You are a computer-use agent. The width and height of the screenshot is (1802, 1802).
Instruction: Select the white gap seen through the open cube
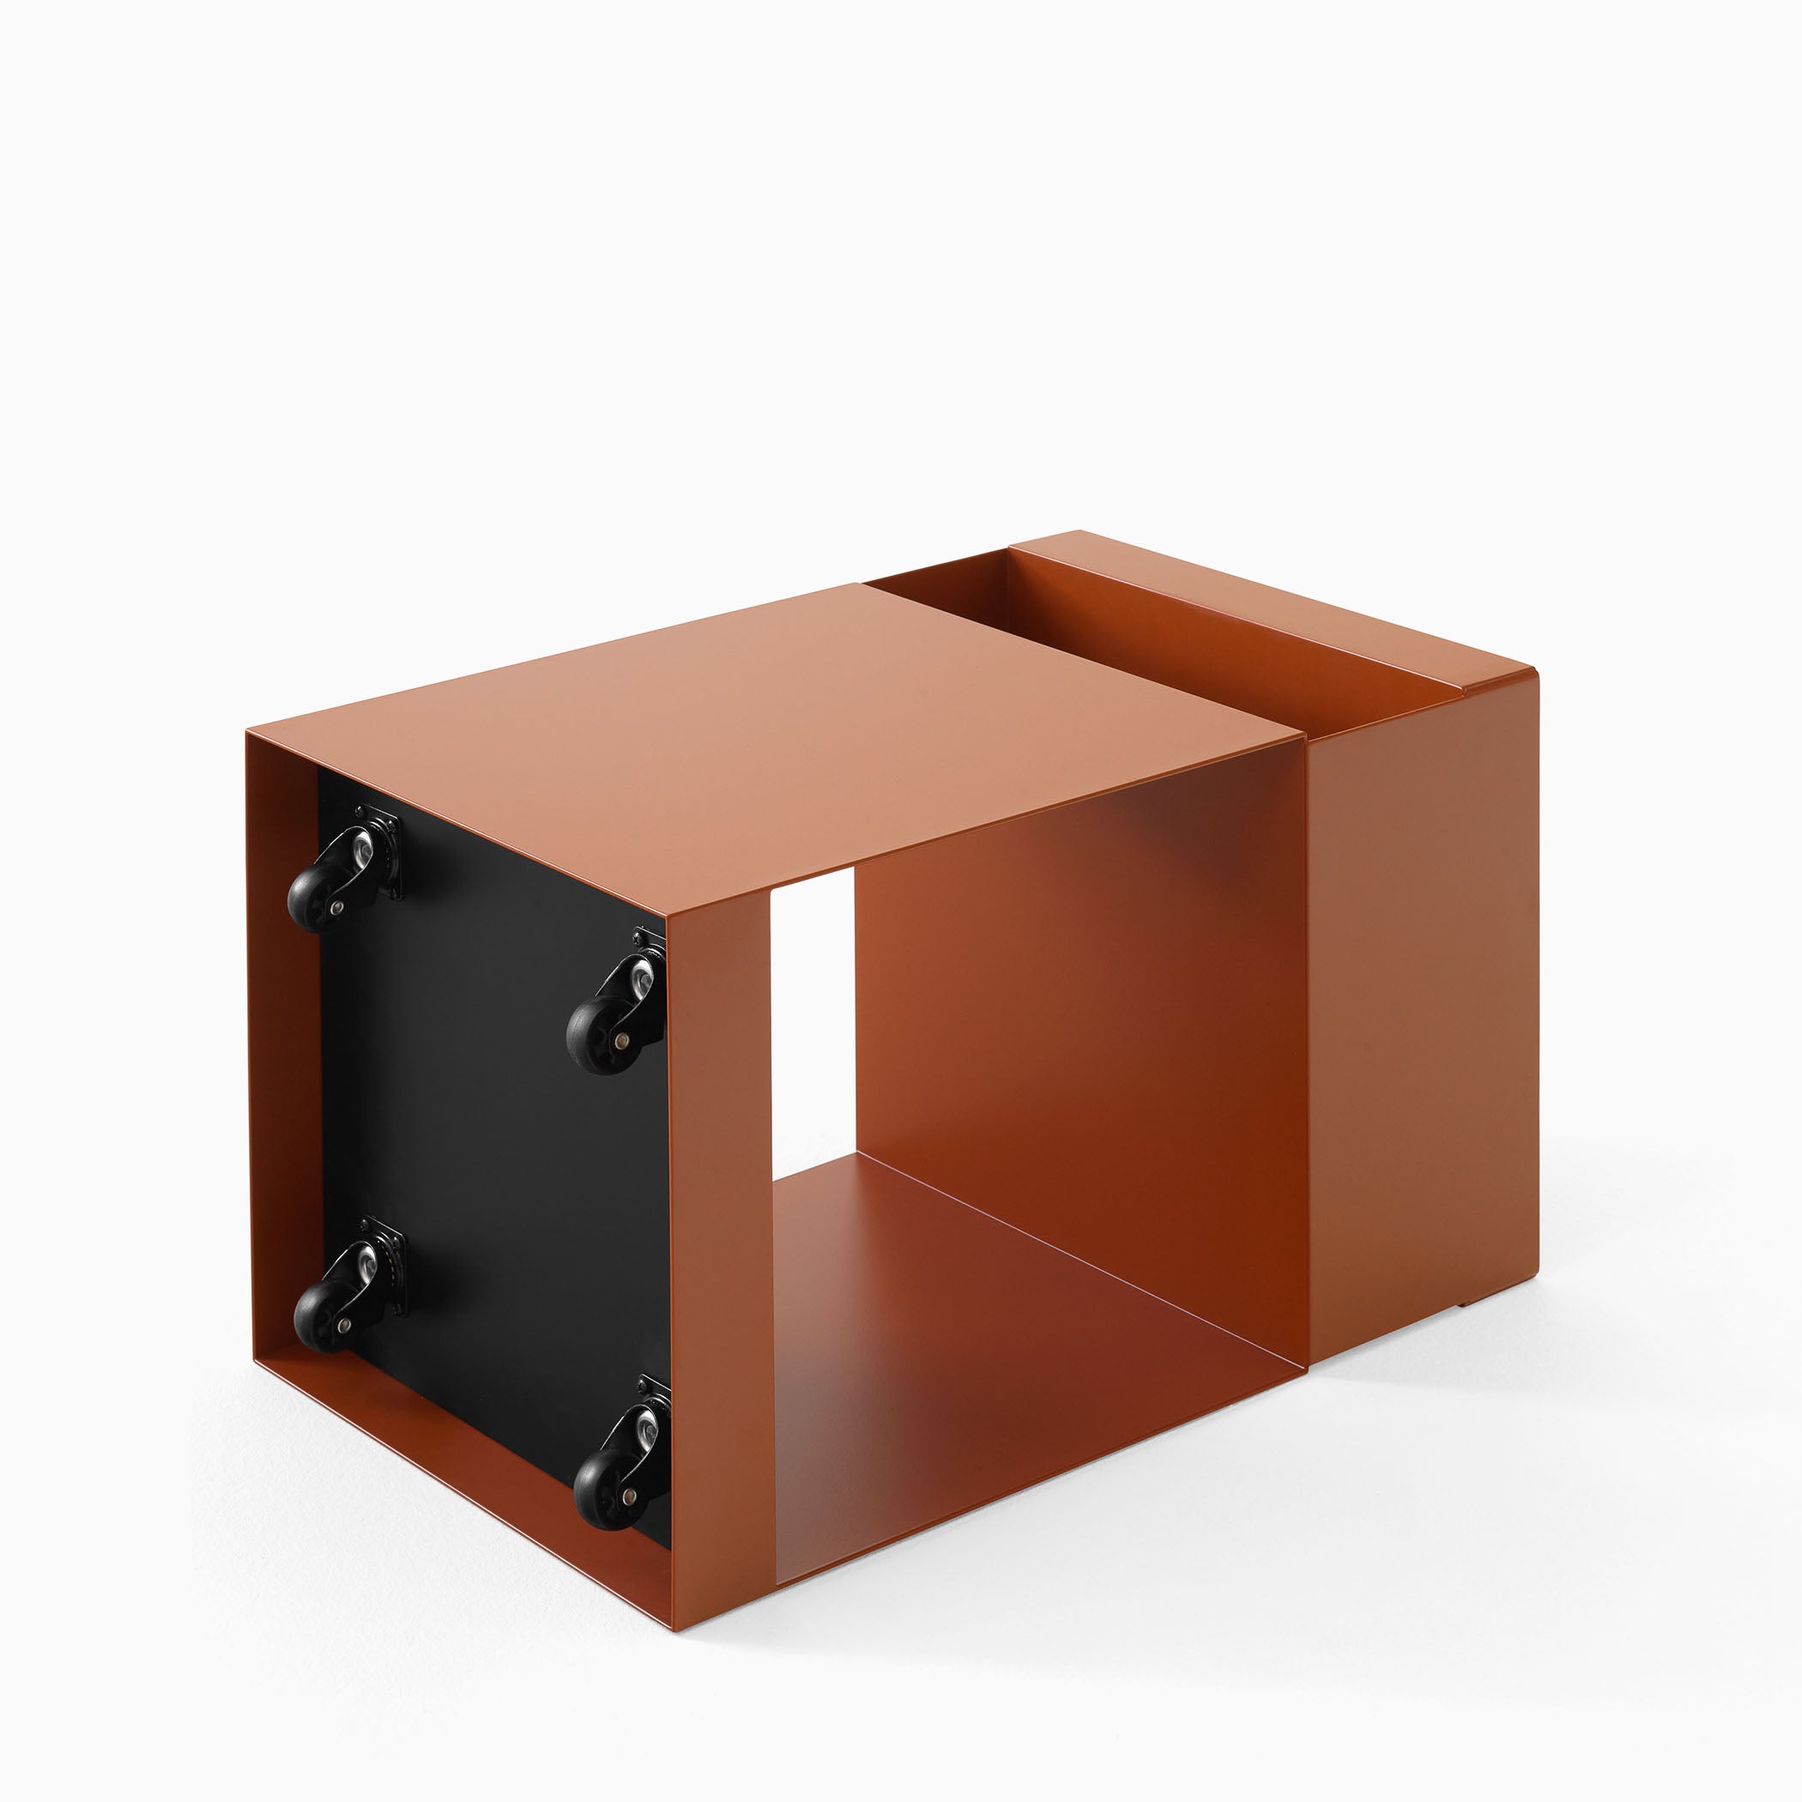click(812, 1007)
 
